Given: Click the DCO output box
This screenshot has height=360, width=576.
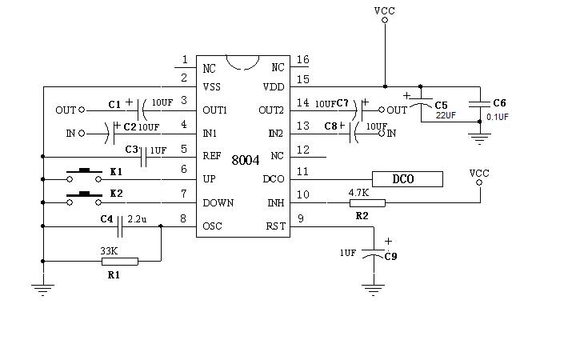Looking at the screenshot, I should coord(407,179).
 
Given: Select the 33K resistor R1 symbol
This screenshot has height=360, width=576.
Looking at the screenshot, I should coord(119,261).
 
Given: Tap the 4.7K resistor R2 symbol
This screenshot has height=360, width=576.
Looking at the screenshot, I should coord(366,203).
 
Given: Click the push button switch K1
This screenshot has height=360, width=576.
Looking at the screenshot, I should coord(82,170).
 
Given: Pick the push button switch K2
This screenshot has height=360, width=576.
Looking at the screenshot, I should coord(82,194).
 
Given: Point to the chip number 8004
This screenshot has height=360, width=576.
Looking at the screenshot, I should coord(245,160).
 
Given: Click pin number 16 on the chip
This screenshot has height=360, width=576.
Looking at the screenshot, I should coord(302,60).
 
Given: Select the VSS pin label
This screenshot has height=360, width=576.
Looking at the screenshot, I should coord(212,87).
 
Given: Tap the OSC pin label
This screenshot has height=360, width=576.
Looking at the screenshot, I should coord(213,226).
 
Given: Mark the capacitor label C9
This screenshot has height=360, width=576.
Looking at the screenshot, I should coord(391,257).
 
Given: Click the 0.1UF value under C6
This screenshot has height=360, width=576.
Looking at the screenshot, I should coord(498,117).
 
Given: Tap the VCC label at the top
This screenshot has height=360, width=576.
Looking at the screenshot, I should coord(384,11).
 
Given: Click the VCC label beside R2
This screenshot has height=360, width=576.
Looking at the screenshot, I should coord(479,173).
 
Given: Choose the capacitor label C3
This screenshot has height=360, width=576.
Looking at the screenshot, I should coord(133,150).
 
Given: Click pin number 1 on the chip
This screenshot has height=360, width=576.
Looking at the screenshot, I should coord(186,60).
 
